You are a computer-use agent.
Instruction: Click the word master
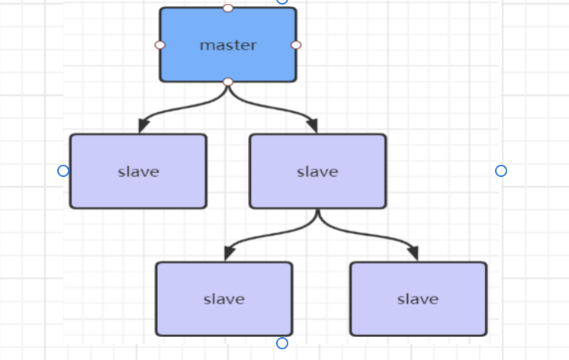pyautogui.click(x=228, y=45)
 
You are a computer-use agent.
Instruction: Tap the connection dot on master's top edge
pyautogui.click(x=228, y=8)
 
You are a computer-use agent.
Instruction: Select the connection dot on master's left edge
pyautogui.click(x=160, y=45)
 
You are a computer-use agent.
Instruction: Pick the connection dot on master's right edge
pyautogui.click(x=296, y=45)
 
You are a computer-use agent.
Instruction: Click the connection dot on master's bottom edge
pyautogui.click(x=228, y=82)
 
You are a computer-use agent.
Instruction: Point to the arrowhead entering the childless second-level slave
pyautogui.click(x=143, y=126)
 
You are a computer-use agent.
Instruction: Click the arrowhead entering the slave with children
pyautogui.click(x=312, y=126)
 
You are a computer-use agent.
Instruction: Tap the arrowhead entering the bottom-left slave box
pyautogui.click(x=229, y=254)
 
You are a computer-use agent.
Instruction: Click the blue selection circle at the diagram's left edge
pyautogui.click(x=63, y=171)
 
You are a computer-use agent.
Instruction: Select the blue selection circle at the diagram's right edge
pyautogui.click(x=501, y=171)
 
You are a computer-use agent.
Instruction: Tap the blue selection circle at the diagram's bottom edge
pyautogui.click(x=282, y=343)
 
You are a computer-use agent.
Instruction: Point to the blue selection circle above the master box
pyautogui.click(x=282, y=2)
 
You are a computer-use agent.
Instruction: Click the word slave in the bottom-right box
pyautogui.click(x=418, y=299)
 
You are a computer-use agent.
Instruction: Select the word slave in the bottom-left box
pyautogui.click(x=223, y=299)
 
